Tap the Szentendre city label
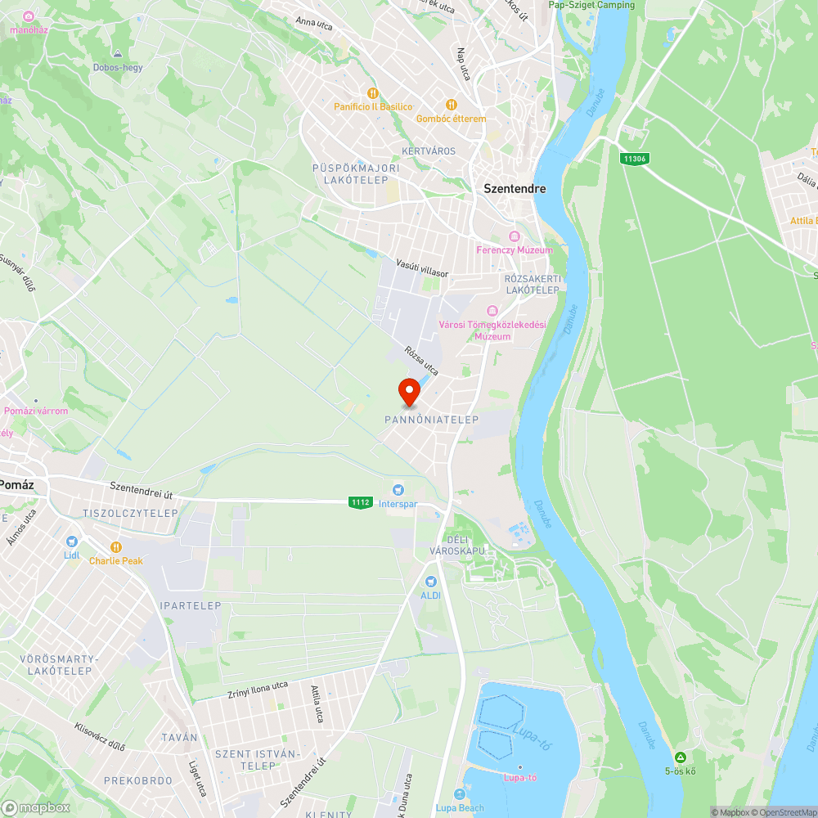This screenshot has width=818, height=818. (x=515, y=188)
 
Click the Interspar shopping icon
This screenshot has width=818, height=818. (x=398, y=490)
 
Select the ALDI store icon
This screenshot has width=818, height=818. (x=430, y=582)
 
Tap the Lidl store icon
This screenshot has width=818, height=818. (x=72, y=542)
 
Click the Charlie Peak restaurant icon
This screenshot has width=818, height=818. (x=116, y=547)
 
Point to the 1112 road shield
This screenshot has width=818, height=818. (x=361, y=501)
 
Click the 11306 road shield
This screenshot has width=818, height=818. (x=634, y=159)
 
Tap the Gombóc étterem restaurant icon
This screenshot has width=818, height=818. (x=451, y=105)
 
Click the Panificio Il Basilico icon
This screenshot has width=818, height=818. (x=373, y=93)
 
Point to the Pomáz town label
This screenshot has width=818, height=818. (x=16, y=483)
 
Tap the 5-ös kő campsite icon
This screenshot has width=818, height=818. (x=680, y=757)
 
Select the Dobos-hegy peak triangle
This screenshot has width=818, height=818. (x=118, y=53)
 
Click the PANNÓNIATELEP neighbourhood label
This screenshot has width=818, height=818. (x=431, y=419)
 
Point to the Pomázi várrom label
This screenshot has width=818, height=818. (x=36, y=411)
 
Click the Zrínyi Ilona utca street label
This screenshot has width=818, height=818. (x=258, y=690)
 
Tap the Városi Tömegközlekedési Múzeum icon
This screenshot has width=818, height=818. (x=492, y=311)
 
